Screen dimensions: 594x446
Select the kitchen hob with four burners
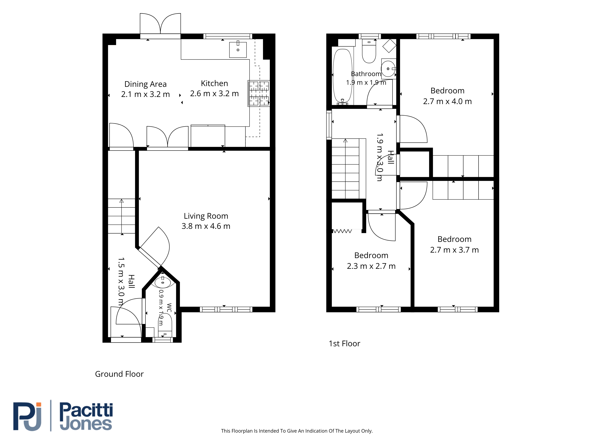pyautogui.click(x=259, y=93)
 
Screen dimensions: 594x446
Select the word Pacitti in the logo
pyautogui.click(x=86, y=410)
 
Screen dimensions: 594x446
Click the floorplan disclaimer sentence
pyautogui.click(x=297, y=431)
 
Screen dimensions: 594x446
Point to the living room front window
pyautogui.click(x=226, y=309)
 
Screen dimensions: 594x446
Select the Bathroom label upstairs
pyautogui.click(x=366, y=74)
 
